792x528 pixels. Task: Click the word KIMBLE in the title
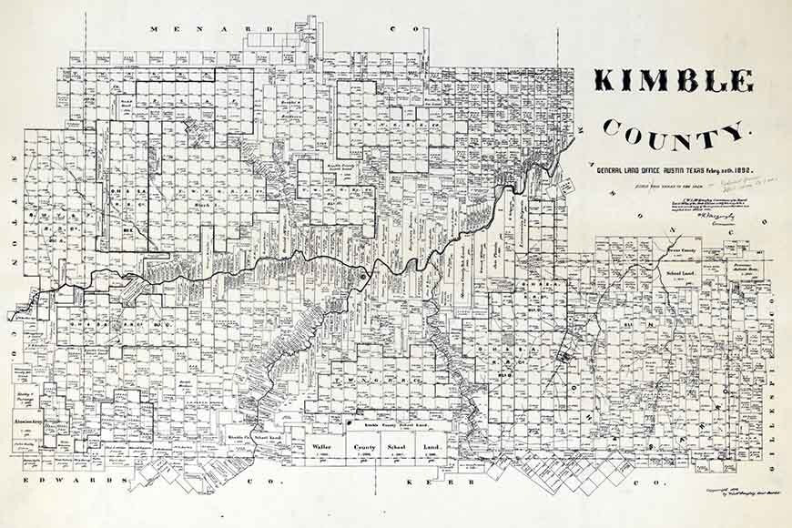[674, 81]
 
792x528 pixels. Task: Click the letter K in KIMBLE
[604, 81]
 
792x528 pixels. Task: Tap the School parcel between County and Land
[399, 448]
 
